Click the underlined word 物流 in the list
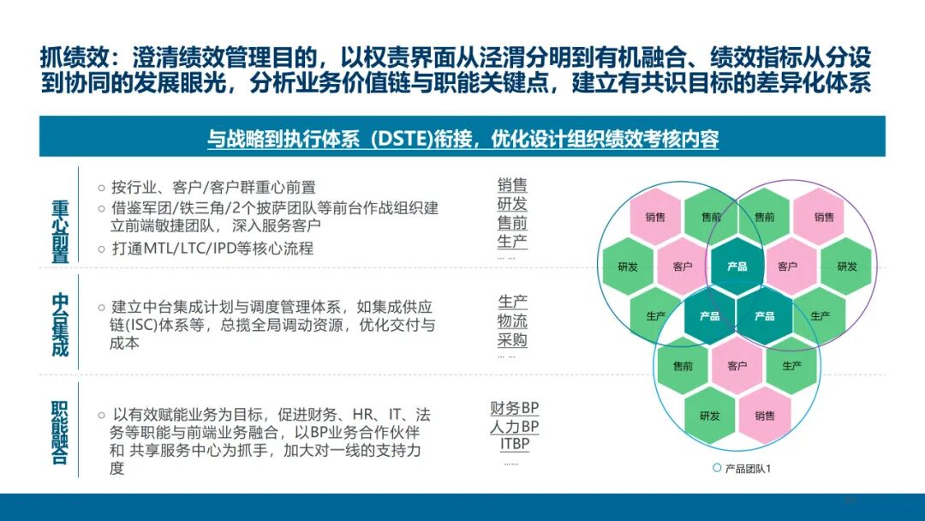click(512, 321)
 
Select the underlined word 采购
click(512, 340)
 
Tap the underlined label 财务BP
click(514, 408)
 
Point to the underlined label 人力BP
click(514, 427)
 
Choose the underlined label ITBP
click(515, 445)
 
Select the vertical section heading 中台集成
click(60, 325)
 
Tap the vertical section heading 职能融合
click(60, 433)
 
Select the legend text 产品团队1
click(748, 469)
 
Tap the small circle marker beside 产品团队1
click(717, 468)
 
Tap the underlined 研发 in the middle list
click(512, 204)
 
